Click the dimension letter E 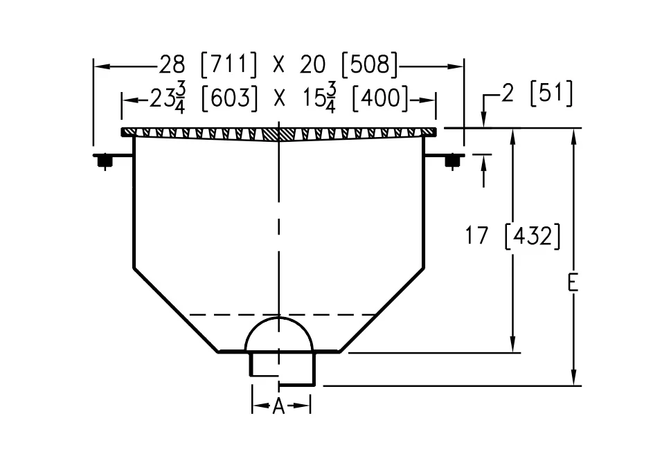(573, 284)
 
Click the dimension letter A (278, 406)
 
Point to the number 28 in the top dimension (172, 65)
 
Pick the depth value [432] (533, 236)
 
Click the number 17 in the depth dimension (476, 235)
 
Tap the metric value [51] (551, 93)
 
